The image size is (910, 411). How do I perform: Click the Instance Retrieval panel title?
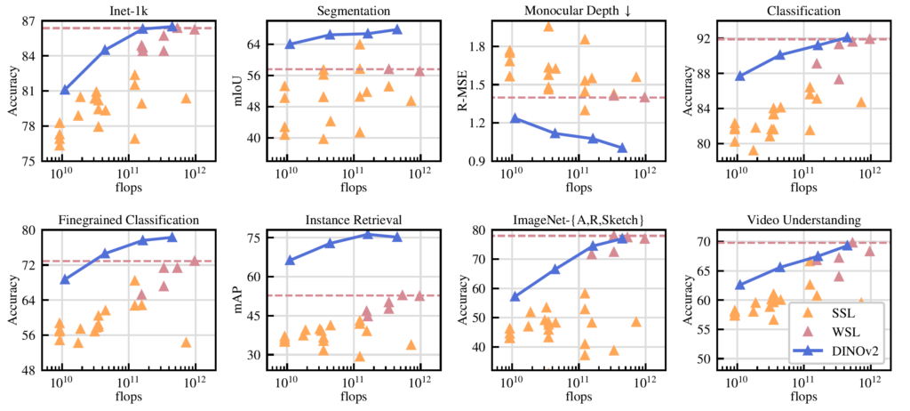point(353,220)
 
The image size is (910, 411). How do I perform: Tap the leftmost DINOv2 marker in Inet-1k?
point(65,89)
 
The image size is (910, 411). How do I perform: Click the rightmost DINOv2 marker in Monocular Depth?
point(622,148)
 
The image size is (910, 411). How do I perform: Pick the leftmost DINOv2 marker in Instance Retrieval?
point(289,260)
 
